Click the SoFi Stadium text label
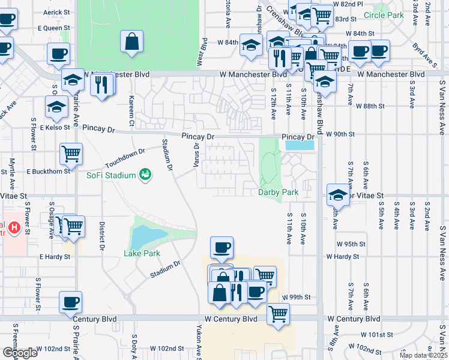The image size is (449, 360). (111, 175)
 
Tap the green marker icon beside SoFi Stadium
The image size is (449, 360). (145, 175)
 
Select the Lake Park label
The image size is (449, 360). (142, 253)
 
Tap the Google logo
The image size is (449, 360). (20, 352)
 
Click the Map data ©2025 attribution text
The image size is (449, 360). (423, 355)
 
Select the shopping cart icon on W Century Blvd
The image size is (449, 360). (278, 313)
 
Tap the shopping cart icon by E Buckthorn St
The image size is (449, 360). (71, 154)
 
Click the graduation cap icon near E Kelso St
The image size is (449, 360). (56, 107)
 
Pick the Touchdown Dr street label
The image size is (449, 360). (125, 158)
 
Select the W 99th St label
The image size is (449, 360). (297, 298)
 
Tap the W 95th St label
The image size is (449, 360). (348, 244)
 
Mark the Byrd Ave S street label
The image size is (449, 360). (427, 52)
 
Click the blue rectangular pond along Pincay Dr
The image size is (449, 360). (300, 145)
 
